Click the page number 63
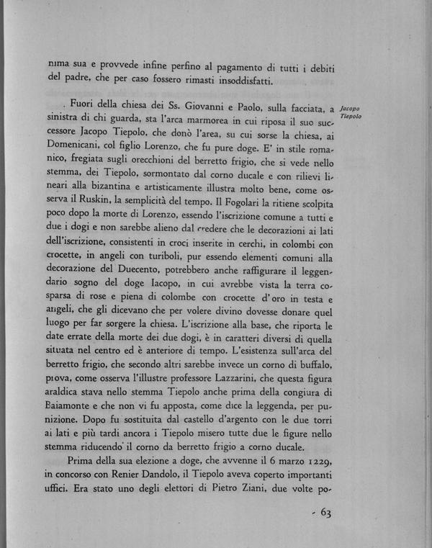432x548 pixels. (322, 512)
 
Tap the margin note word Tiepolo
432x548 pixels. (352, 116)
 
